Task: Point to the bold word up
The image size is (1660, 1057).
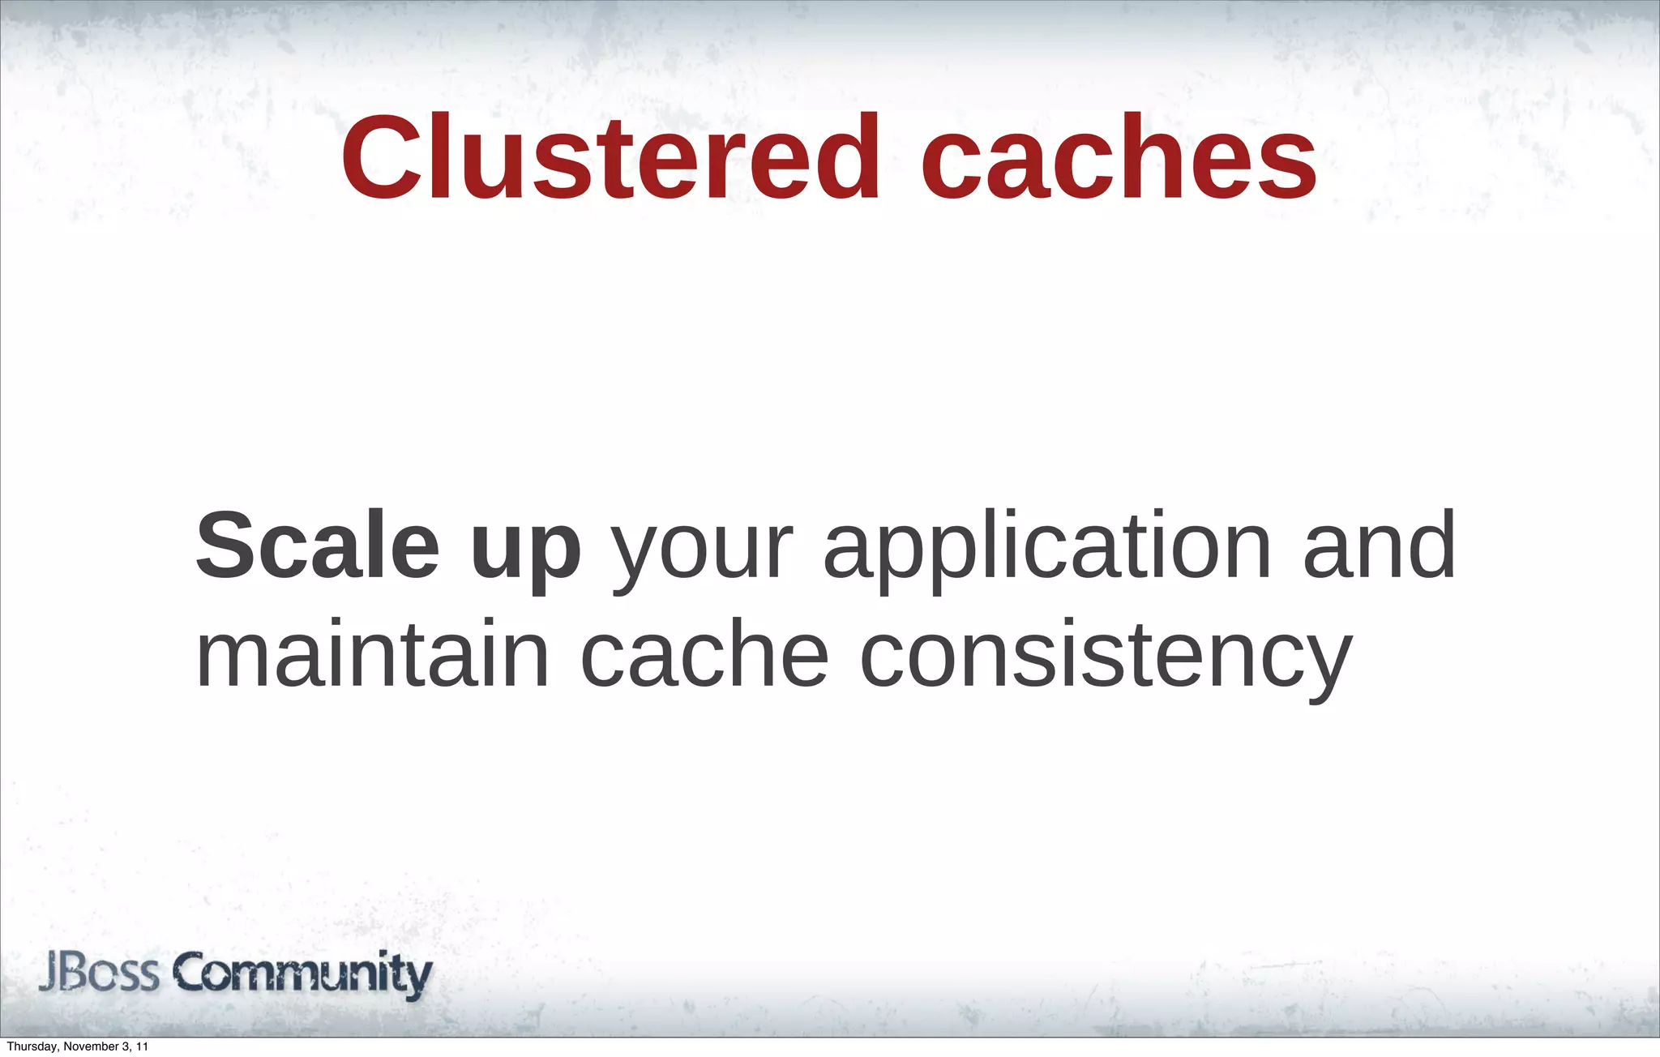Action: point(526,551)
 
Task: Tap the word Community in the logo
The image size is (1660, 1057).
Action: point(303,974)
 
